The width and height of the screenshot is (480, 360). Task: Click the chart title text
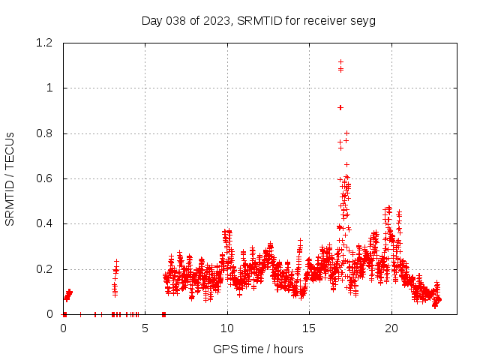[x=258, y=20]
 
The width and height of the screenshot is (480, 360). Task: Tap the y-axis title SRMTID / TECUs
[x=10, y=178]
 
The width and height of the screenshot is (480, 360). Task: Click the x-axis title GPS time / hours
[x=258, y=349]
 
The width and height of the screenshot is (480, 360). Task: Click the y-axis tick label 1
[x=49, y=88]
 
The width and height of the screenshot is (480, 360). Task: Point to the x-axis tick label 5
[x=145, y=328]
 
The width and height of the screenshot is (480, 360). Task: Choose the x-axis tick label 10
[x=227, y=328]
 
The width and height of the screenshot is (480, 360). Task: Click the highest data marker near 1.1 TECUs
[x=340, y=62]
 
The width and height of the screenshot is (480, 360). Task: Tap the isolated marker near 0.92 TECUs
[x=340, y=107]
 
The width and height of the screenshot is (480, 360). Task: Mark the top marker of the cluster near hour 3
[x=116, y=262]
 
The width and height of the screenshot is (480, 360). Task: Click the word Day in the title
[x=151, y=20]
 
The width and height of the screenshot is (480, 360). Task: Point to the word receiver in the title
[x=325, y=20]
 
